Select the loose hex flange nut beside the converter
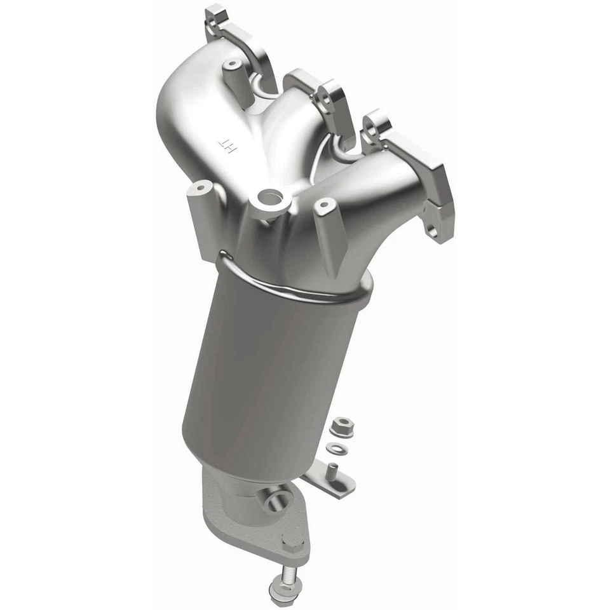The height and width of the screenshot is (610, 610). tap(341, 423)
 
